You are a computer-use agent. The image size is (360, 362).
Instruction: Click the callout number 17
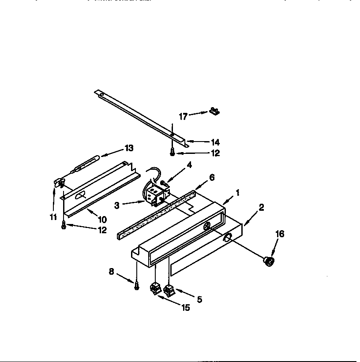pyautogui.click(x=183, y=116)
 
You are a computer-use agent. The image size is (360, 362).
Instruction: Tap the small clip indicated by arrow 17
pyautogui.click(x=214, y=111)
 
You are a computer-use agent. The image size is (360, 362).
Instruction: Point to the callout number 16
pyautogui.click(x=280, y=234)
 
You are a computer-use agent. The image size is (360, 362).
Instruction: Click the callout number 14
pyautogui.click(x=215, y=142)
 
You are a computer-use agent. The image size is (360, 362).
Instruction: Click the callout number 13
pyautogui.click(x=129, y=148)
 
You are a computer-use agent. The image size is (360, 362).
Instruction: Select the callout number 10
pyautogui.click(x=102, y=219)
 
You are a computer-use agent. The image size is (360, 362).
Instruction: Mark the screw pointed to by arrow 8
pyautogui.click(x=138, y=286)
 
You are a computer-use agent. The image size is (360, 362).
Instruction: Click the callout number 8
pyautogui.click(x=112, y=272)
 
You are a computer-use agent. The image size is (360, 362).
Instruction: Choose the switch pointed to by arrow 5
pyautogui.click(x=169, y=290)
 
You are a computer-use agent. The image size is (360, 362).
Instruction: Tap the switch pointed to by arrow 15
pyautogui.click(x=154, y=289)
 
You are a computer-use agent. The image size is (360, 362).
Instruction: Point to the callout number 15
pyautogui.click(x=186, y=307)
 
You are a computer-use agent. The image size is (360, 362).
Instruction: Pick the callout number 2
pyautogui.click(x=261, y=207)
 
